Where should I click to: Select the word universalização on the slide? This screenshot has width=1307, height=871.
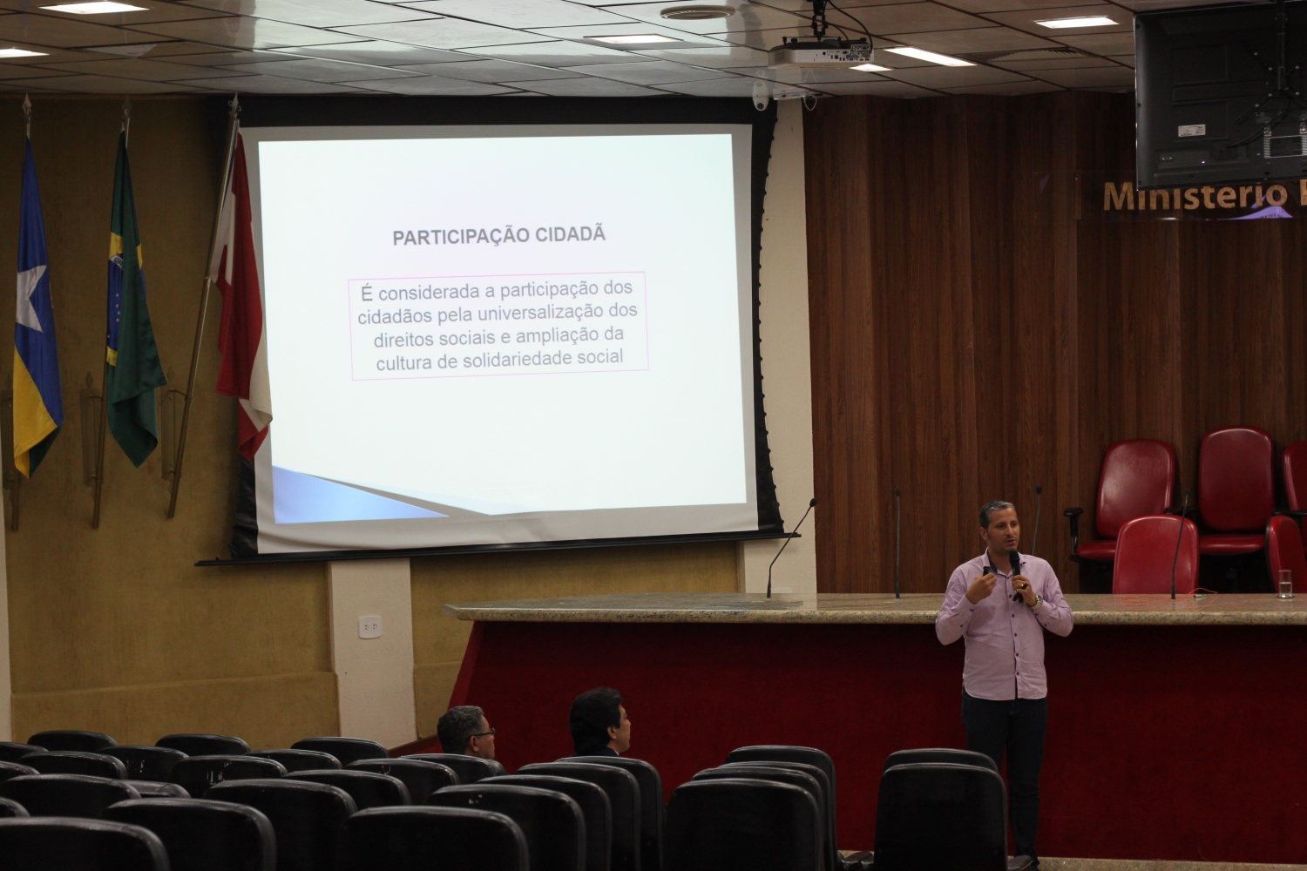tap(539, 313)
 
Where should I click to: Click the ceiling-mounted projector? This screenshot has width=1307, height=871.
tap(821, 52)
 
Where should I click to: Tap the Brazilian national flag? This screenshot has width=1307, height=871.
tap(132, 303)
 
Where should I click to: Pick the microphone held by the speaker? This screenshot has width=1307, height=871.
tap(1016, 575)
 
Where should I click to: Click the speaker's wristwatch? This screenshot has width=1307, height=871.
tap(1037, 600)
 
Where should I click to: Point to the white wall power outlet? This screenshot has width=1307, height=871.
tap(370, 627)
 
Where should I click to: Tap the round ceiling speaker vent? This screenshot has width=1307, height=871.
tap(698, 12)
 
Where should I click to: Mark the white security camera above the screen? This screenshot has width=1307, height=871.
tap(760, 96)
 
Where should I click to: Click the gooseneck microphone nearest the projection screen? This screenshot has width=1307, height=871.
tap(790, 549)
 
